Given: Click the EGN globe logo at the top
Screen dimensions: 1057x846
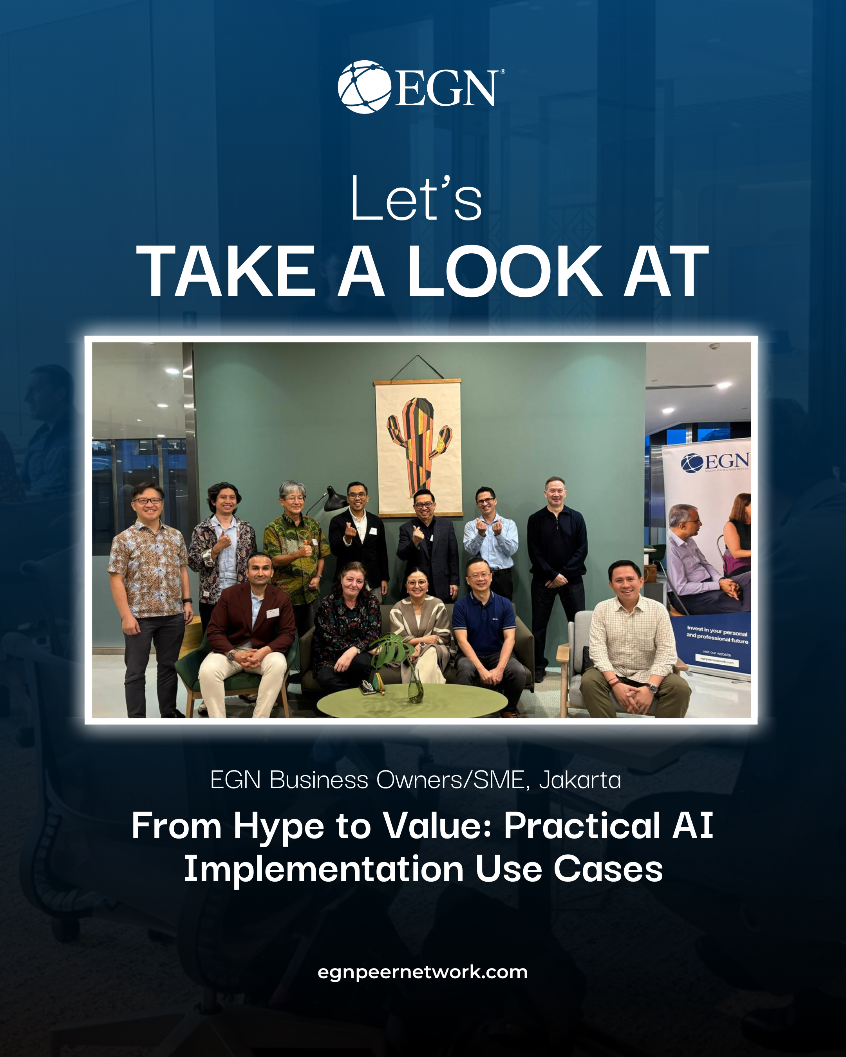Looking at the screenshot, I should (x=364, y=87).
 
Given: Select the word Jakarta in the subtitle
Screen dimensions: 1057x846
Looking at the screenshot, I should (x=580, y=780).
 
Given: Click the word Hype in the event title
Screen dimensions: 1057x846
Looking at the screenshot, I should (x=278, y=826).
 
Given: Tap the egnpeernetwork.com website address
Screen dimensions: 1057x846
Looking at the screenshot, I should (x=422, y=972).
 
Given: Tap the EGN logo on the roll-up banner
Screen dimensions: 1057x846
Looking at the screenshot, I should (x=715, y=462).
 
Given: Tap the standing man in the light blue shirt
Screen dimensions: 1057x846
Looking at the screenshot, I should (x=490, y=539).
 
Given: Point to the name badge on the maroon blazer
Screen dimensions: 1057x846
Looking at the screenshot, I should (x=272, y=612).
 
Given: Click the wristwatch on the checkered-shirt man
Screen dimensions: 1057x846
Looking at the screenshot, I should (x=651, y=688).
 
